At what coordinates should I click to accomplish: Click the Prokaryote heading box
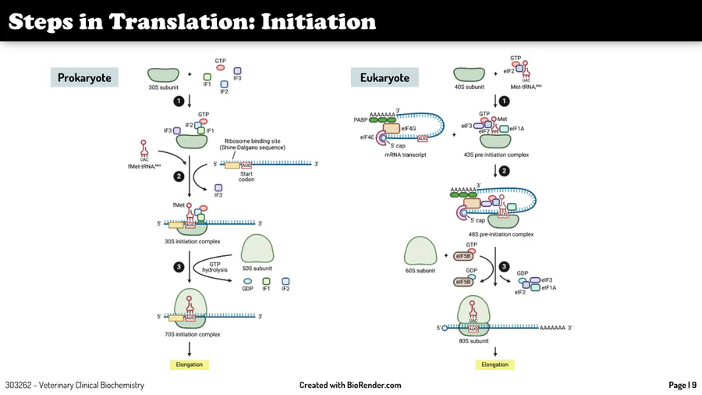(x=84, y=77)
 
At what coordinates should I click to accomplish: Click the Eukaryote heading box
(x=385, y=77)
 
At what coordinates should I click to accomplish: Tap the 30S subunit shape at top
(x=164, y=75)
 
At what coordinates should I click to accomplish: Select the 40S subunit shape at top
(x=470, y=75)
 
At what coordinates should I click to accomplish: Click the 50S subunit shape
(x=257, y=249)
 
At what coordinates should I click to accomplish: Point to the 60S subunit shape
(x=421, y=252)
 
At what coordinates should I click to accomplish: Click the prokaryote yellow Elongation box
(x=189, y=365)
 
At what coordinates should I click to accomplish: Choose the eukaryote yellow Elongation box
(x=495, y=365)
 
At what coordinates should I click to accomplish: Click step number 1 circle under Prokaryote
(x=179, y=101)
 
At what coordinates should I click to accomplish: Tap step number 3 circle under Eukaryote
(x=504, y=266)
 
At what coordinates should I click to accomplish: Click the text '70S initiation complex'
(x=192, y=334)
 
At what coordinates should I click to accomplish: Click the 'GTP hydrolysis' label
(x=214, y=267)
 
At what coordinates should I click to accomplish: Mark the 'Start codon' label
(x=246, y=176)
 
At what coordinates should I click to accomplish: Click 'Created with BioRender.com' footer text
(x=350, y=385)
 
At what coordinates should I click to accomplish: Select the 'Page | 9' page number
(x=682, y=385)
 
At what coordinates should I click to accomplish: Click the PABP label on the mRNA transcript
(x=360, y=120)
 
